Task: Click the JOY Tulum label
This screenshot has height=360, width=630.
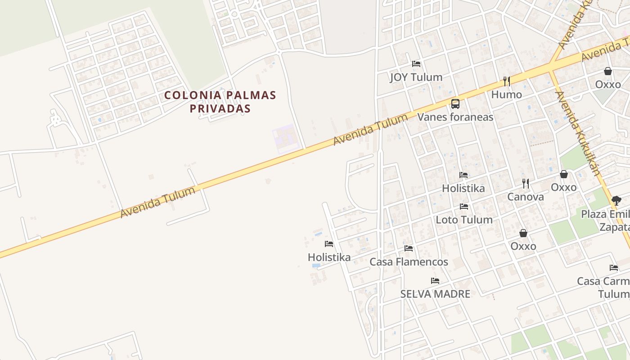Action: [416, 77]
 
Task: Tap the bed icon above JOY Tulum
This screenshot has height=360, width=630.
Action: [416, 64]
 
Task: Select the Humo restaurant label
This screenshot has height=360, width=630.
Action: [506, 94]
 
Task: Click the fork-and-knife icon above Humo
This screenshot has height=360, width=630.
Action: [507, 81]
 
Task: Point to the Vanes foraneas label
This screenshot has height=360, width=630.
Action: [455, 117]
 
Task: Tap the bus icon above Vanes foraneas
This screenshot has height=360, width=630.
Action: [455, 104]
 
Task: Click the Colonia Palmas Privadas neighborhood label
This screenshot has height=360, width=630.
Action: [220, 102]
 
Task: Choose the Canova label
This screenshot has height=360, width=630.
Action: [525, 197]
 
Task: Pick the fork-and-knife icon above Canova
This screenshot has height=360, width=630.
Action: [525, 183]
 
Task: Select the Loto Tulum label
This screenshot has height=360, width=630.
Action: [464, 220]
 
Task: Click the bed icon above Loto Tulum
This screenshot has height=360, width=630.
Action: [464, 207]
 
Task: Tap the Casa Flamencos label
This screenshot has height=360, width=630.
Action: [409, 261]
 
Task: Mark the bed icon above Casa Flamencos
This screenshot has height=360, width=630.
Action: [409, 248]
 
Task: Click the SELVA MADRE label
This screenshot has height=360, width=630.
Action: [435, 294]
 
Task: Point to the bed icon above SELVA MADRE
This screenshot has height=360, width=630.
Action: [435, 280]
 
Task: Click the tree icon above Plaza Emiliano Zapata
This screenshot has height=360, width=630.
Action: [616, 201]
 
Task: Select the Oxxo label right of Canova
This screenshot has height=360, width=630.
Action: [563, 187]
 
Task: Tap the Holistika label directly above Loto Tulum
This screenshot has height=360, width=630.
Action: [463, 188]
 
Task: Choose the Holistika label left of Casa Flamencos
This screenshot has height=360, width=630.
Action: [329, 257]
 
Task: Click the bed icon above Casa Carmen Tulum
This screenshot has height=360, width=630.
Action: [614, 268]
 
